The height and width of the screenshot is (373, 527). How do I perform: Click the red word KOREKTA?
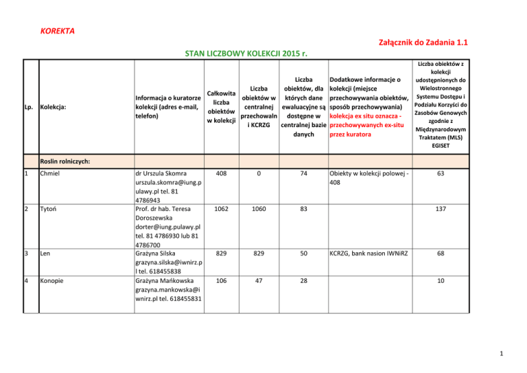(58, 32)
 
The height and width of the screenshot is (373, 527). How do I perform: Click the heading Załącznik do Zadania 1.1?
(423, 43)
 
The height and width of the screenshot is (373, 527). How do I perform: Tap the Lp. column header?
(29, 107)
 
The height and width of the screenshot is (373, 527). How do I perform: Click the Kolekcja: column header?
(56, 107)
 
